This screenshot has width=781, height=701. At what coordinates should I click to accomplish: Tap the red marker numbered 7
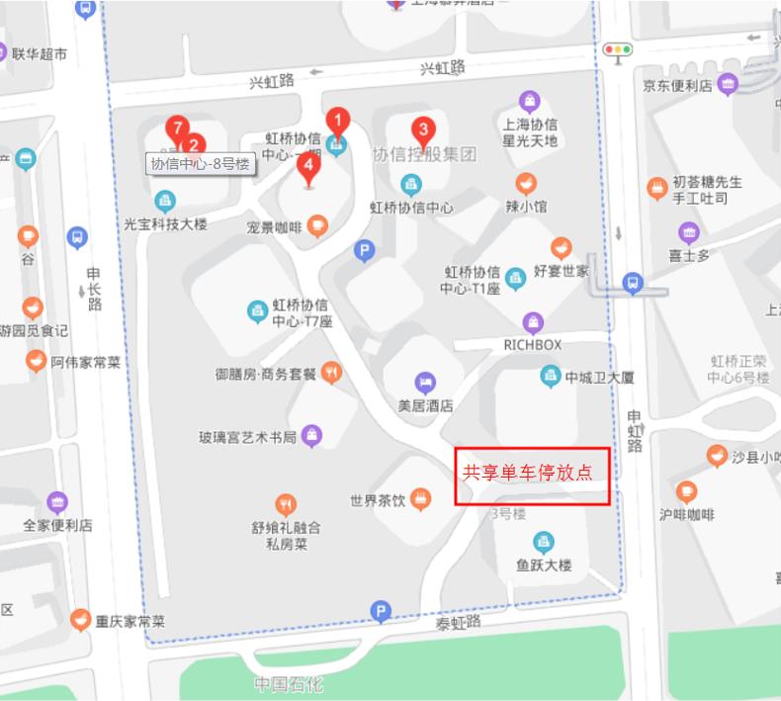click(x=177, y=129)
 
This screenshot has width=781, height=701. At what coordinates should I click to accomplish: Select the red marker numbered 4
click(x=308, y=166)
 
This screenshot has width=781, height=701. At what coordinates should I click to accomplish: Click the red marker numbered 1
click(x=337, y=123)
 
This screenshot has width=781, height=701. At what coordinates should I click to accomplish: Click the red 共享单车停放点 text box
click(x=531, y=476)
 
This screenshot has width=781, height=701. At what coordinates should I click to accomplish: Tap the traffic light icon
click(x=619, y=48)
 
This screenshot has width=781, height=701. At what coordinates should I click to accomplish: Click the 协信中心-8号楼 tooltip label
click(x=202, y=165)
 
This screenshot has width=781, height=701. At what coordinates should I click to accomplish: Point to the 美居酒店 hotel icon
click(x=424, y=383)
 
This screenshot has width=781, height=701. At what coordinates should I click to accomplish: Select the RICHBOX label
click(x=532, y=345)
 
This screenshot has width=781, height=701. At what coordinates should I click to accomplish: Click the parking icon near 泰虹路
click(x=380, y=612)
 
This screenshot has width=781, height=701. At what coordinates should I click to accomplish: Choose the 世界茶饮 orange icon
click(x=421, y=499)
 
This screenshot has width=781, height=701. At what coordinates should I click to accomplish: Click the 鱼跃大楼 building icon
click(x=543, y=542)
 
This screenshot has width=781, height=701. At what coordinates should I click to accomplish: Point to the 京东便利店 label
click(x=677, y=86)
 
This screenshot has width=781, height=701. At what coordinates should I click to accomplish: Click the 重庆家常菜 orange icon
click(x=81, y=621)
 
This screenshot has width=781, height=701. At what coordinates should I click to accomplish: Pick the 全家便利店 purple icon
click(x=57, y=502)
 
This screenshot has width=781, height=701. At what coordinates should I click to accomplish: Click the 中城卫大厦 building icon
click(x=550, y=376)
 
